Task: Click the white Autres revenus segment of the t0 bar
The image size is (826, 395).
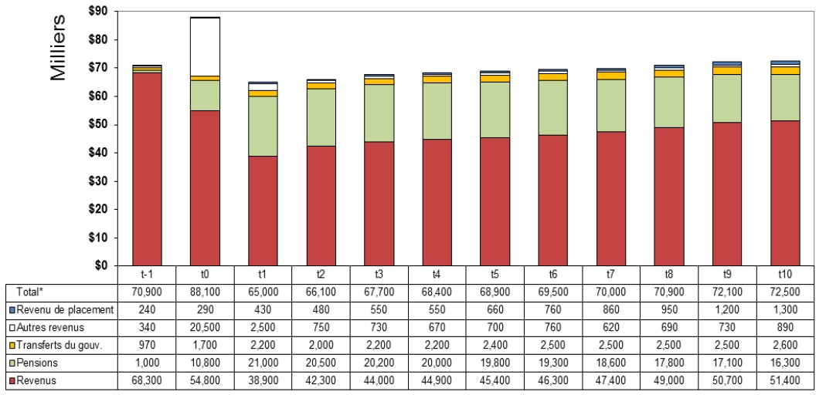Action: click(205, 46)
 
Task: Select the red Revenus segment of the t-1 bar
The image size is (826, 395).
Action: click(147, 169)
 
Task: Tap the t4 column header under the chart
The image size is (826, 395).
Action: click(437, 275)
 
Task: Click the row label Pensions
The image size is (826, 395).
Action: click(33, 363)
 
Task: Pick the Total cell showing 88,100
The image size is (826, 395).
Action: click(205, 292)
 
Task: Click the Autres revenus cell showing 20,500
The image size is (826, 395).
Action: click(205, 328)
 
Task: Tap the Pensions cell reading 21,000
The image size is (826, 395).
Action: click(263, 363)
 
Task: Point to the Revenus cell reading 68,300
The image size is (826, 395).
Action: click(147, 380)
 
